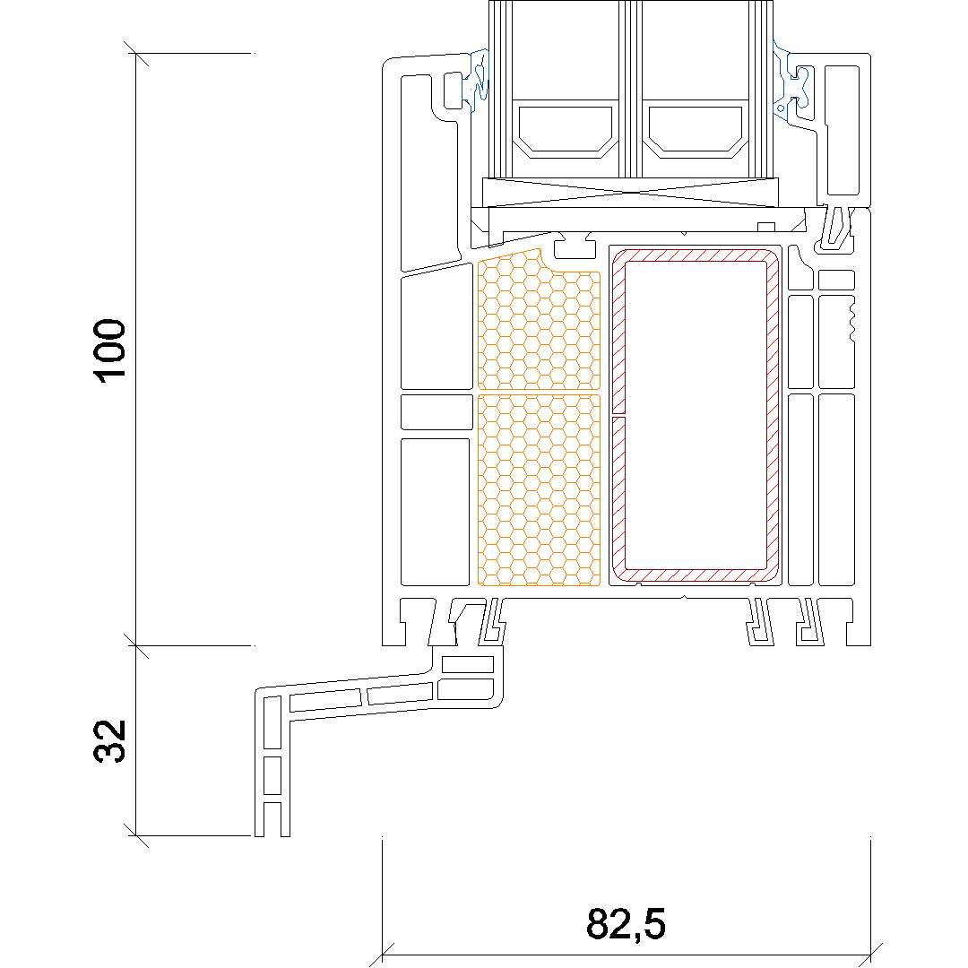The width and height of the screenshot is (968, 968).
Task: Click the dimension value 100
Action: (x=109, y=350)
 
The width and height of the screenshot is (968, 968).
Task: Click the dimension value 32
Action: (x=109, y=741)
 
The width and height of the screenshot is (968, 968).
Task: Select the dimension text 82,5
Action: (x=626, y=923)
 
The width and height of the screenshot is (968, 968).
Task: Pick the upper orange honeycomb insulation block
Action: (x=539, y=320)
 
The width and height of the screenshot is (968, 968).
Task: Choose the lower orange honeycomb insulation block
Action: (x=539, y=489)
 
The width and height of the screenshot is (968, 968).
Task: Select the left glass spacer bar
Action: (x=565, y=129)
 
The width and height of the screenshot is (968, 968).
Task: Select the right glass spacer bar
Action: (x=695, y=129)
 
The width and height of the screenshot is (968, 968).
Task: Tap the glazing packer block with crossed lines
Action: (x=630, y=192)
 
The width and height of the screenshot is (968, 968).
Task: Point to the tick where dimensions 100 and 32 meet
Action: (x=136, y=645)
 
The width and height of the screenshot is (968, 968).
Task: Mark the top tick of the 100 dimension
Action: (x=136, y=53)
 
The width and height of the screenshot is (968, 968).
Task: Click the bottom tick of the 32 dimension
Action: (x=136, y=836)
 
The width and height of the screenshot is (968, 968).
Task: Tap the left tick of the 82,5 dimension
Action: (x=382, y=955)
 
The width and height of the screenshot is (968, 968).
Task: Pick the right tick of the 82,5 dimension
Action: (x=870, y=955)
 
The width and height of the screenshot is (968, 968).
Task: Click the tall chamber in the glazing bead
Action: (x=842, y=130)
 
